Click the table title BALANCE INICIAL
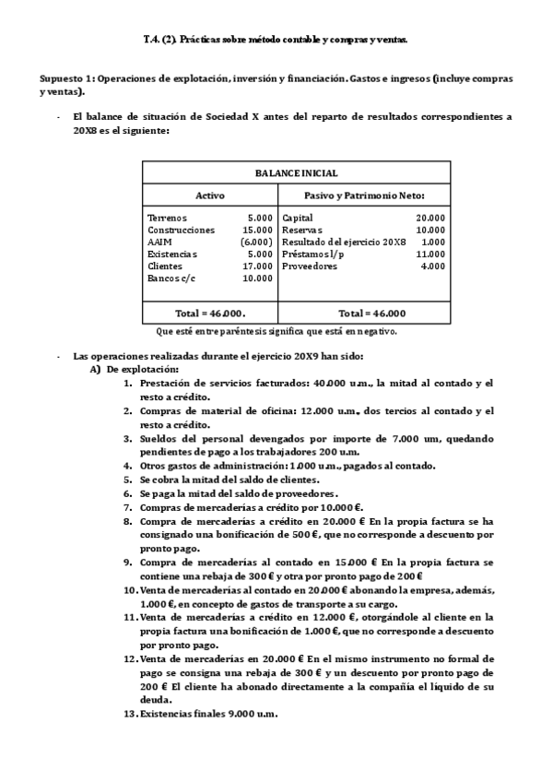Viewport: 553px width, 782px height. [x=296, y=172]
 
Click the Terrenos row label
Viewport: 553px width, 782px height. [x=167, y=218]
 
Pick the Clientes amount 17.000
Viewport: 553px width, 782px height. [x=257, y=266]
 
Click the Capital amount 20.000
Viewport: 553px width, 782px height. [x=430, y=218]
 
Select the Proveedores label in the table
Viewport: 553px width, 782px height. [x=310, y=266]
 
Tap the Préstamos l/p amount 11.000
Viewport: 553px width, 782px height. [x=430, y=254]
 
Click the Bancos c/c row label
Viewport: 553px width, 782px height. [x=171, y=278]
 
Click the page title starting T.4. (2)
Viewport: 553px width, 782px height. [x=276, y=40]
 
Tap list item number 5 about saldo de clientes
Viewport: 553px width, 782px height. [x=229, y=479]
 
